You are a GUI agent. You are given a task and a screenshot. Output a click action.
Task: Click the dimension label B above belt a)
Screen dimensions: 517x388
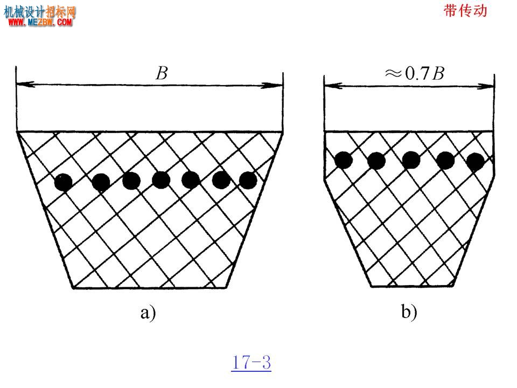pyautogui.click(x=162, y=73)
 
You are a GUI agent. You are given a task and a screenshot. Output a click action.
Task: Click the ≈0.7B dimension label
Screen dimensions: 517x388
pyautogui.click(x=415, y=73)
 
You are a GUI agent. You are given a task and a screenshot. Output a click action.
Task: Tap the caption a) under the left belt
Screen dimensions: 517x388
pyautogui.click(x=148, y=313)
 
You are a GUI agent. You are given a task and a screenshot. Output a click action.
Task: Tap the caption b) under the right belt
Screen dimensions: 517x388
pyautogui.click(x=409, y=311)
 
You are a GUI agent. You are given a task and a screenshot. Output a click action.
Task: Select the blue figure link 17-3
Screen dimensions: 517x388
pyautogui.click(x=251, y=362)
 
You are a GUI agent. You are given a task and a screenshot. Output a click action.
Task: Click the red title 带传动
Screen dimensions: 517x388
pyautogui.click(x=465, y=11)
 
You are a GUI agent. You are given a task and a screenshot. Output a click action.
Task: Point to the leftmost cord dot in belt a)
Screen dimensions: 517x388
pyautogui.click(x=64, y=182)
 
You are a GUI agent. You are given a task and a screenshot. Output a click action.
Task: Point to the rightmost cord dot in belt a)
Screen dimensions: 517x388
pyautogui.click(x=248, y=180)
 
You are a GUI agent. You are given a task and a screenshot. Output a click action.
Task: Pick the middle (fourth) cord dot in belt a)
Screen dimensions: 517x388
pyautogui.click(x=161, y=180)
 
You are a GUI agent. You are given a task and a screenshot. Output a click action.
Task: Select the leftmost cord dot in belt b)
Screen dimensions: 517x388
pyautogui.click(x=344, y=160)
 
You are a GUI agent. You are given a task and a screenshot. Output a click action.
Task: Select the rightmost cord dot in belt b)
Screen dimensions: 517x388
pyautogui.click(x=476, y=162)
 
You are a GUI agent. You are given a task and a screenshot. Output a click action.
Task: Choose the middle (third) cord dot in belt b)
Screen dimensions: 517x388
pyautogui.click(x=411, y=160)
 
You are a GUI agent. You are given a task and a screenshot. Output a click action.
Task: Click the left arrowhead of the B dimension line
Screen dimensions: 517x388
pyautogui.click(x=25, y=84)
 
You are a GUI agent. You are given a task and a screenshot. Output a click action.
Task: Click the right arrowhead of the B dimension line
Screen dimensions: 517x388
pyautogui.click(x=273, y=86)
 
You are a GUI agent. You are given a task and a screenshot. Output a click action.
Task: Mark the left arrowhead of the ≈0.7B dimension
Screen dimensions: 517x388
pyautogui.click(x=333, y=86)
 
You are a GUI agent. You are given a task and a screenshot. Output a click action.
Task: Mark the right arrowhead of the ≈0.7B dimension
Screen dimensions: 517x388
pyautogui.click(x=485, y=86)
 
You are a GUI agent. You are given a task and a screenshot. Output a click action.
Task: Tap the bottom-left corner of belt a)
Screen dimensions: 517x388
pyautogui.click(x=73, y=288)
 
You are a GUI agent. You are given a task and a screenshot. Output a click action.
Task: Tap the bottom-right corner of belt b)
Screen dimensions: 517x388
pyautogui.click(x=453, y=286)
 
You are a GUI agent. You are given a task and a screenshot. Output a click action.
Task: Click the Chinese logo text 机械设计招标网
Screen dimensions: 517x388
pyautogui.click(x=39, y=12)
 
